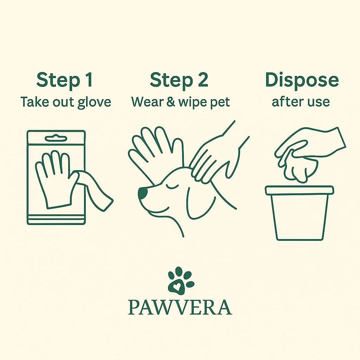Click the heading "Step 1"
pyautogui.click(x=65, y=80)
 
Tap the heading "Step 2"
pyautogui.click(x=179, y=80)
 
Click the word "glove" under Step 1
pyautogui.click(x=94, y=102)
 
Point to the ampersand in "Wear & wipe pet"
pyautogui.click(x=171, y=102)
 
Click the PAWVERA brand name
pyautogui.click(x=180, y=307)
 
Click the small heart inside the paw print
pyautogui.click(x=177, y=286)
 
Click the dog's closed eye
pyautogui.click(x=172, y=186)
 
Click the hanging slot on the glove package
pyautogui.click(x=56, y=139)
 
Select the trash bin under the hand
pyautogui.click(x=300, y=213)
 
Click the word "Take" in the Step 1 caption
pyautogui.click(x=35, y=102)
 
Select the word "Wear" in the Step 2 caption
pyautogui.click(x=147, y=102)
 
